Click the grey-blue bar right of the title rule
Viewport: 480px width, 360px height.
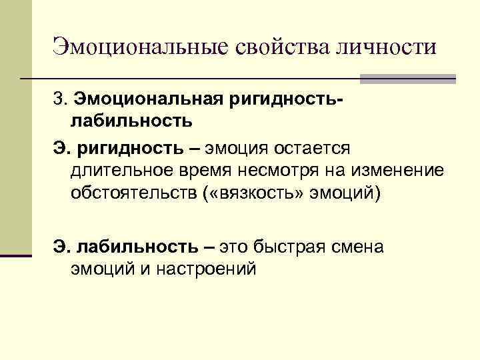click(x=407, y=79)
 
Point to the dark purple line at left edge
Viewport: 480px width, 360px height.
click(x=16, y=255)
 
